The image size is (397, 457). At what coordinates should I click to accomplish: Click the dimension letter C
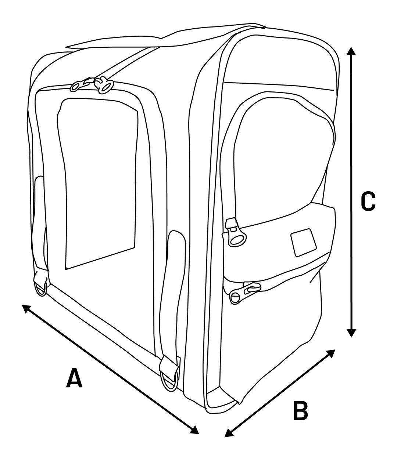(x=368, y=201)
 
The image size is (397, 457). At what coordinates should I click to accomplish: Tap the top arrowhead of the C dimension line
(x=351, y=51)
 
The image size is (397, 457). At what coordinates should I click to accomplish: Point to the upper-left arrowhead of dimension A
(x=26, y=308)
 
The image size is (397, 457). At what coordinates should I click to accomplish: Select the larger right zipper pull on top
(x=104, y=85)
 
